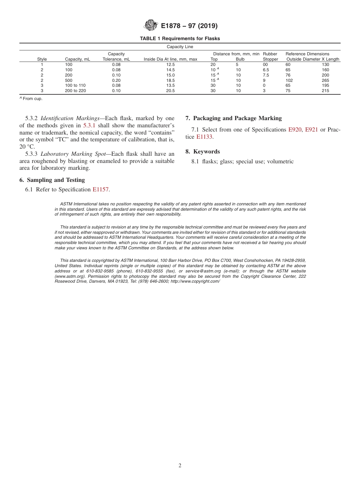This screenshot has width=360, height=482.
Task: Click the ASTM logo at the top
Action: click(x=151, y=26)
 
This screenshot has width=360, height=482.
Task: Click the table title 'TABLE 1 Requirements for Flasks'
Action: click(x=180, y=39)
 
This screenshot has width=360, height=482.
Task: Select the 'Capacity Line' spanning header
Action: click(x=180, y=47)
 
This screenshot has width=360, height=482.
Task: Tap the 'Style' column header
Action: click(x=42, y=59)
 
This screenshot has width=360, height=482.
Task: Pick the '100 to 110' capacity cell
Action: click(x=75, y=86)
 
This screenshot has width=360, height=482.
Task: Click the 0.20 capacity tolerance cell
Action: click(x=116, y=80)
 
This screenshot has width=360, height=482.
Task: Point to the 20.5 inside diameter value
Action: click(x=171, y=91)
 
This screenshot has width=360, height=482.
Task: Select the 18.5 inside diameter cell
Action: click(x=171, y=80)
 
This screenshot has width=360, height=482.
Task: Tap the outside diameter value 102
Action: click(x=289, y=80)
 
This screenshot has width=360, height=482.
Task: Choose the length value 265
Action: click(x=325, y=80)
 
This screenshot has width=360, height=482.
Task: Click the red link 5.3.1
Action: click(x=89, y=125)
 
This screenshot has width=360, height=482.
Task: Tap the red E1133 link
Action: click(x=204, y=137)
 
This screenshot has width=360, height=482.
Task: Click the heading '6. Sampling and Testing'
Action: click(x=52, y=180)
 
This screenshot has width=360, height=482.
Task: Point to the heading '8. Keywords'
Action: click(x=203, y=152)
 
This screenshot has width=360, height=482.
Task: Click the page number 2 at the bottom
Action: click(x=180, y=466)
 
